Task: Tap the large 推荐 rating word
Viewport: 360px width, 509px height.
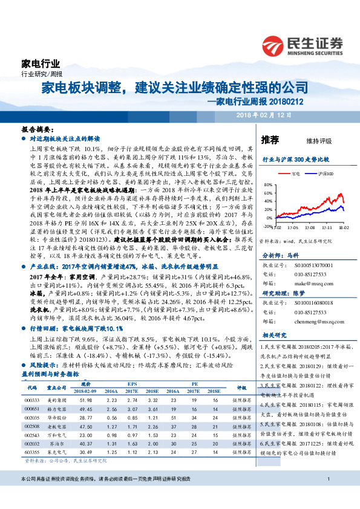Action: click(x=269, y=140)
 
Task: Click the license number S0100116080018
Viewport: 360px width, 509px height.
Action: click(x=306, y=303)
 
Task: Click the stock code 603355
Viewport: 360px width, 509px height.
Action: click(x=32, y=452)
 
